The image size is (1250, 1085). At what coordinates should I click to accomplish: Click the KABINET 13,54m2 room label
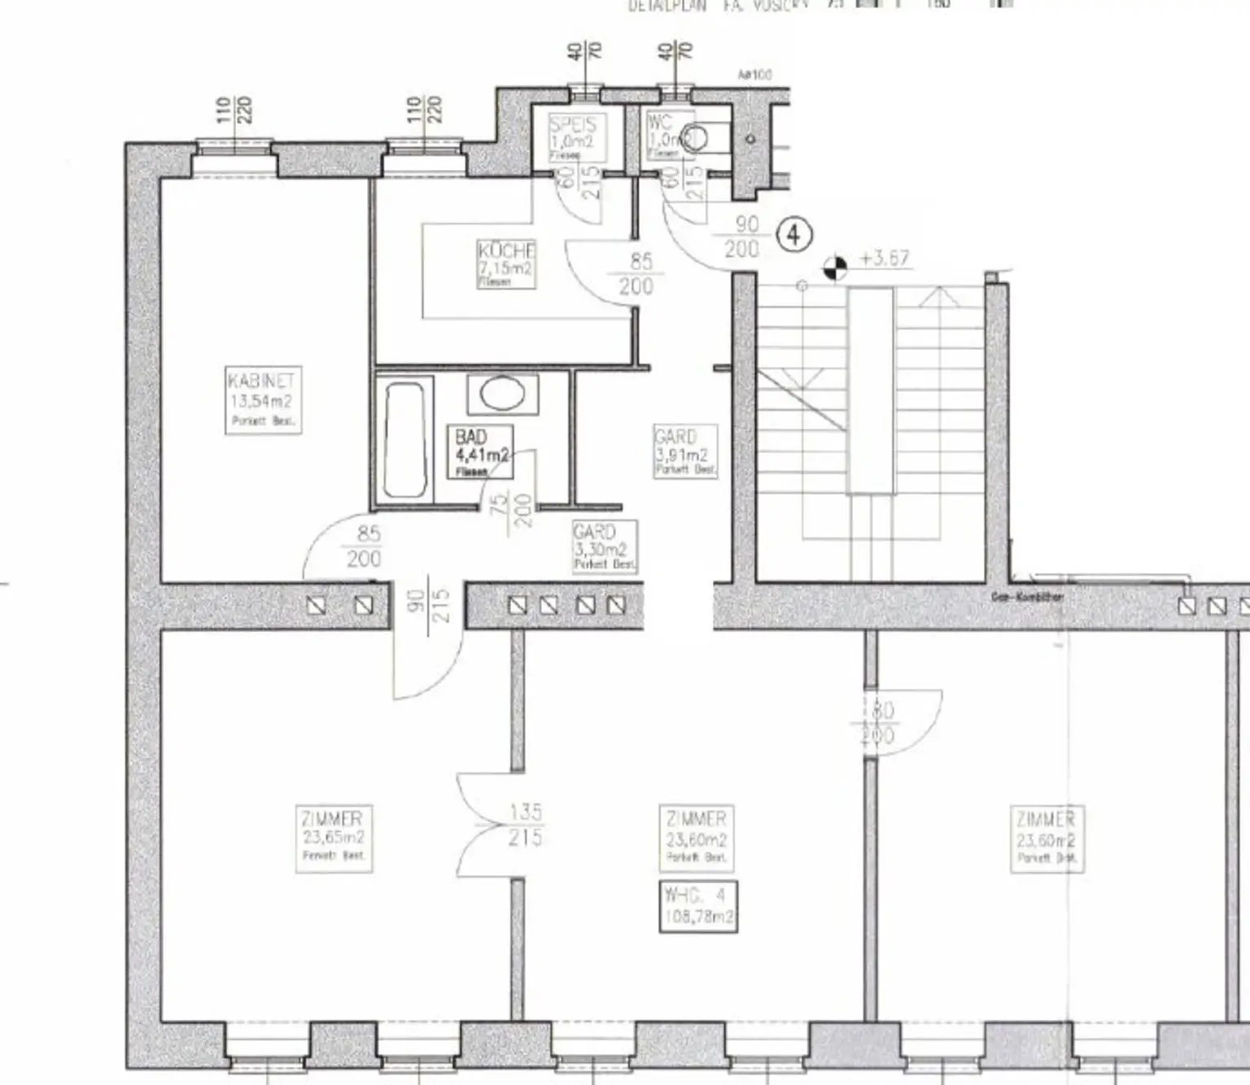(262, 400)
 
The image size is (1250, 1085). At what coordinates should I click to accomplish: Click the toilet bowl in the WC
(695, 139)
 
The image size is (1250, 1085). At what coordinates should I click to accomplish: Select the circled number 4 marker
(794, 236)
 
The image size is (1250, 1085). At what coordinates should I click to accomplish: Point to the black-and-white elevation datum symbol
(835, 266)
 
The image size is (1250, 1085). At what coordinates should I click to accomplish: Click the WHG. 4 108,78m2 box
(698, 906)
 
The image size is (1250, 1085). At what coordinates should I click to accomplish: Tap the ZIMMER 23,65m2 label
(333, 837)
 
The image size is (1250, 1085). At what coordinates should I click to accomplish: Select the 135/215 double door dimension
(525, 824)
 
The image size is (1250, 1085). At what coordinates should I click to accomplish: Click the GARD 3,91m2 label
(685, 451)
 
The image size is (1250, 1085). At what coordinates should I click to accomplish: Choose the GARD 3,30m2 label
(604, 547)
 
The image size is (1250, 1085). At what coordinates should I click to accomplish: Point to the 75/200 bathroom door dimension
(514, 511)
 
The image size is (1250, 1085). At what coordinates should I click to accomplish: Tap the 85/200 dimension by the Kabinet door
(365, 546)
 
